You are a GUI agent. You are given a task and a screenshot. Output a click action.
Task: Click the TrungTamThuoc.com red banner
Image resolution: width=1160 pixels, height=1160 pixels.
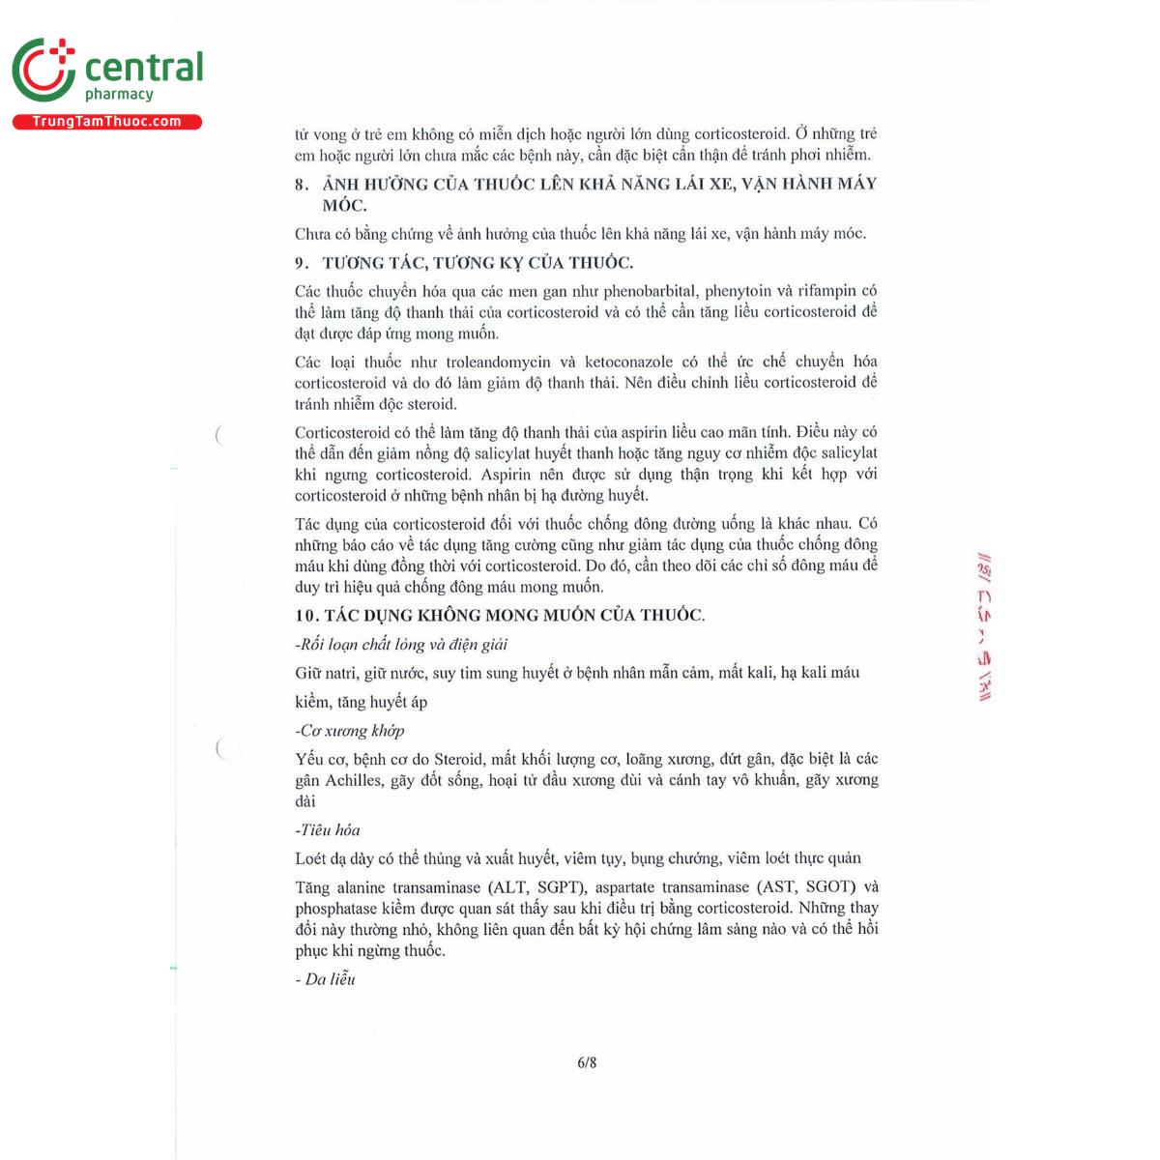(x=106, y=122)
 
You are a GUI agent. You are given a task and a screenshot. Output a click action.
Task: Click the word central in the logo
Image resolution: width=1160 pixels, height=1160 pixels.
(x=144, y=68)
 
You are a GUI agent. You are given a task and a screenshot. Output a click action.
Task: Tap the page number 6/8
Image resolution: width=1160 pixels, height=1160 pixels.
(x=587, y=1062)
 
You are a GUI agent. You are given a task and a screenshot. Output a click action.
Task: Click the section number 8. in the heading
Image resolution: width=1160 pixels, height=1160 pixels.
(x=302, y=185)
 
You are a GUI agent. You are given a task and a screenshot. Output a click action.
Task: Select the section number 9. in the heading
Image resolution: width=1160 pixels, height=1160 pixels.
(x=302, y=263)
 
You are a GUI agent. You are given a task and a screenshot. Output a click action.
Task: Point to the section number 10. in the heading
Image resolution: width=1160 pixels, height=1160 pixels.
(x=306, y=616)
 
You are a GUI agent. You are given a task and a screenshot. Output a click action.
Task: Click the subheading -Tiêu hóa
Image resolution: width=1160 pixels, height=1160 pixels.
(x=328, y=830)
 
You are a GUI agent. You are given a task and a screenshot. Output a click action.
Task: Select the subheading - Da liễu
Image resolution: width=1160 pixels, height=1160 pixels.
(x=326, y=980)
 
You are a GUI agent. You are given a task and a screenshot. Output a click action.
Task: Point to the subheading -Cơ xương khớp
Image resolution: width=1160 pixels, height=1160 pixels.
(x=350, y=731)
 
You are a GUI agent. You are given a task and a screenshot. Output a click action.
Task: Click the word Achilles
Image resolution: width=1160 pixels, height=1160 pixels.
(x=353, y=780)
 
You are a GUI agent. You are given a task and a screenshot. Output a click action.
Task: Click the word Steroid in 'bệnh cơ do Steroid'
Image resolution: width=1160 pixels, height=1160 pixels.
(x=459, y=760)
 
